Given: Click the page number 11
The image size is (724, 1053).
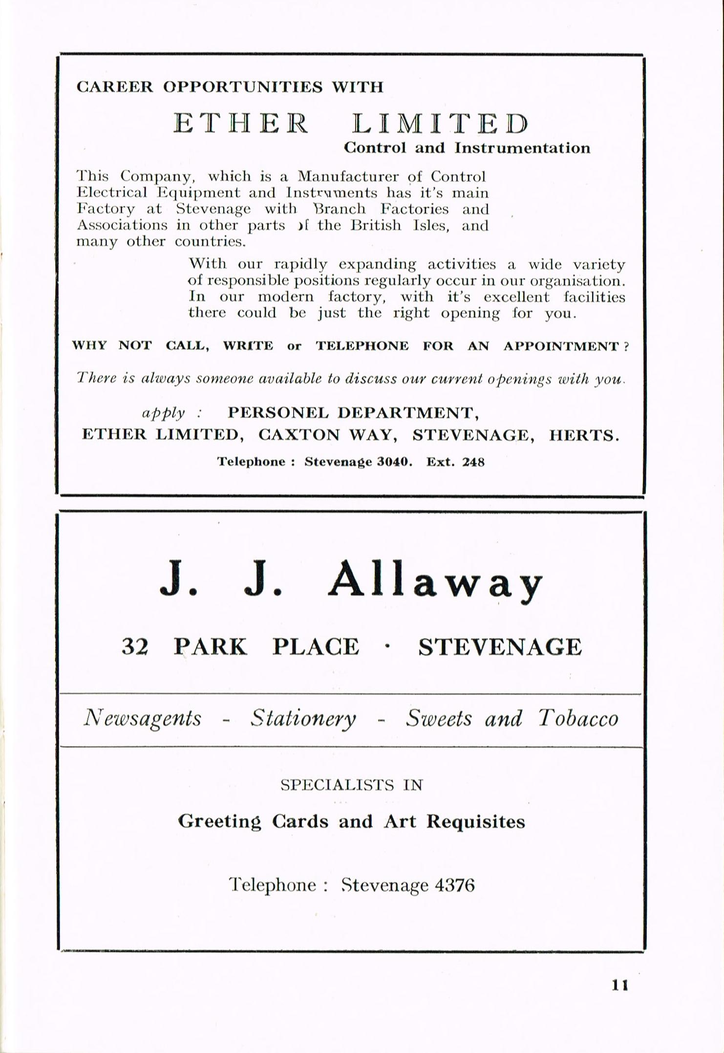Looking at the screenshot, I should [x=619, y=985].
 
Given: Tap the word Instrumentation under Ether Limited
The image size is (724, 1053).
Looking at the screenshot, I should [x=522, y=148].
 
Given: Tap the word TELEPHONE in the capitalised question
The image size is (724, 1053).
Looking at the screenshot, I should [x=362, y=346].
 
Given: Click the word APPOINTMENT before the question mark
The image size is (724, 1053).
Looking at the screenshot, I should [x=561, y=346].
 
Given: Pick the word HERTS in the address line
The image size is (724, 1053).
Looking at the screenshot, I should [x=584, y=435].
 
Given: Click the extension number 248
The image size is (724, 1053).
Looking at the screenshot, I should [x=473, y=462].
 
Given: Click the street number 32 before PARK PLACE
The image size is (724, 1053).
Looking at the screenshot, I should [x=135, y=647].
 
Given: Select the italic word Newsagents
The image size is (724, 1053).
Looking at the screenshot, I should [x=143, y=718].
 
